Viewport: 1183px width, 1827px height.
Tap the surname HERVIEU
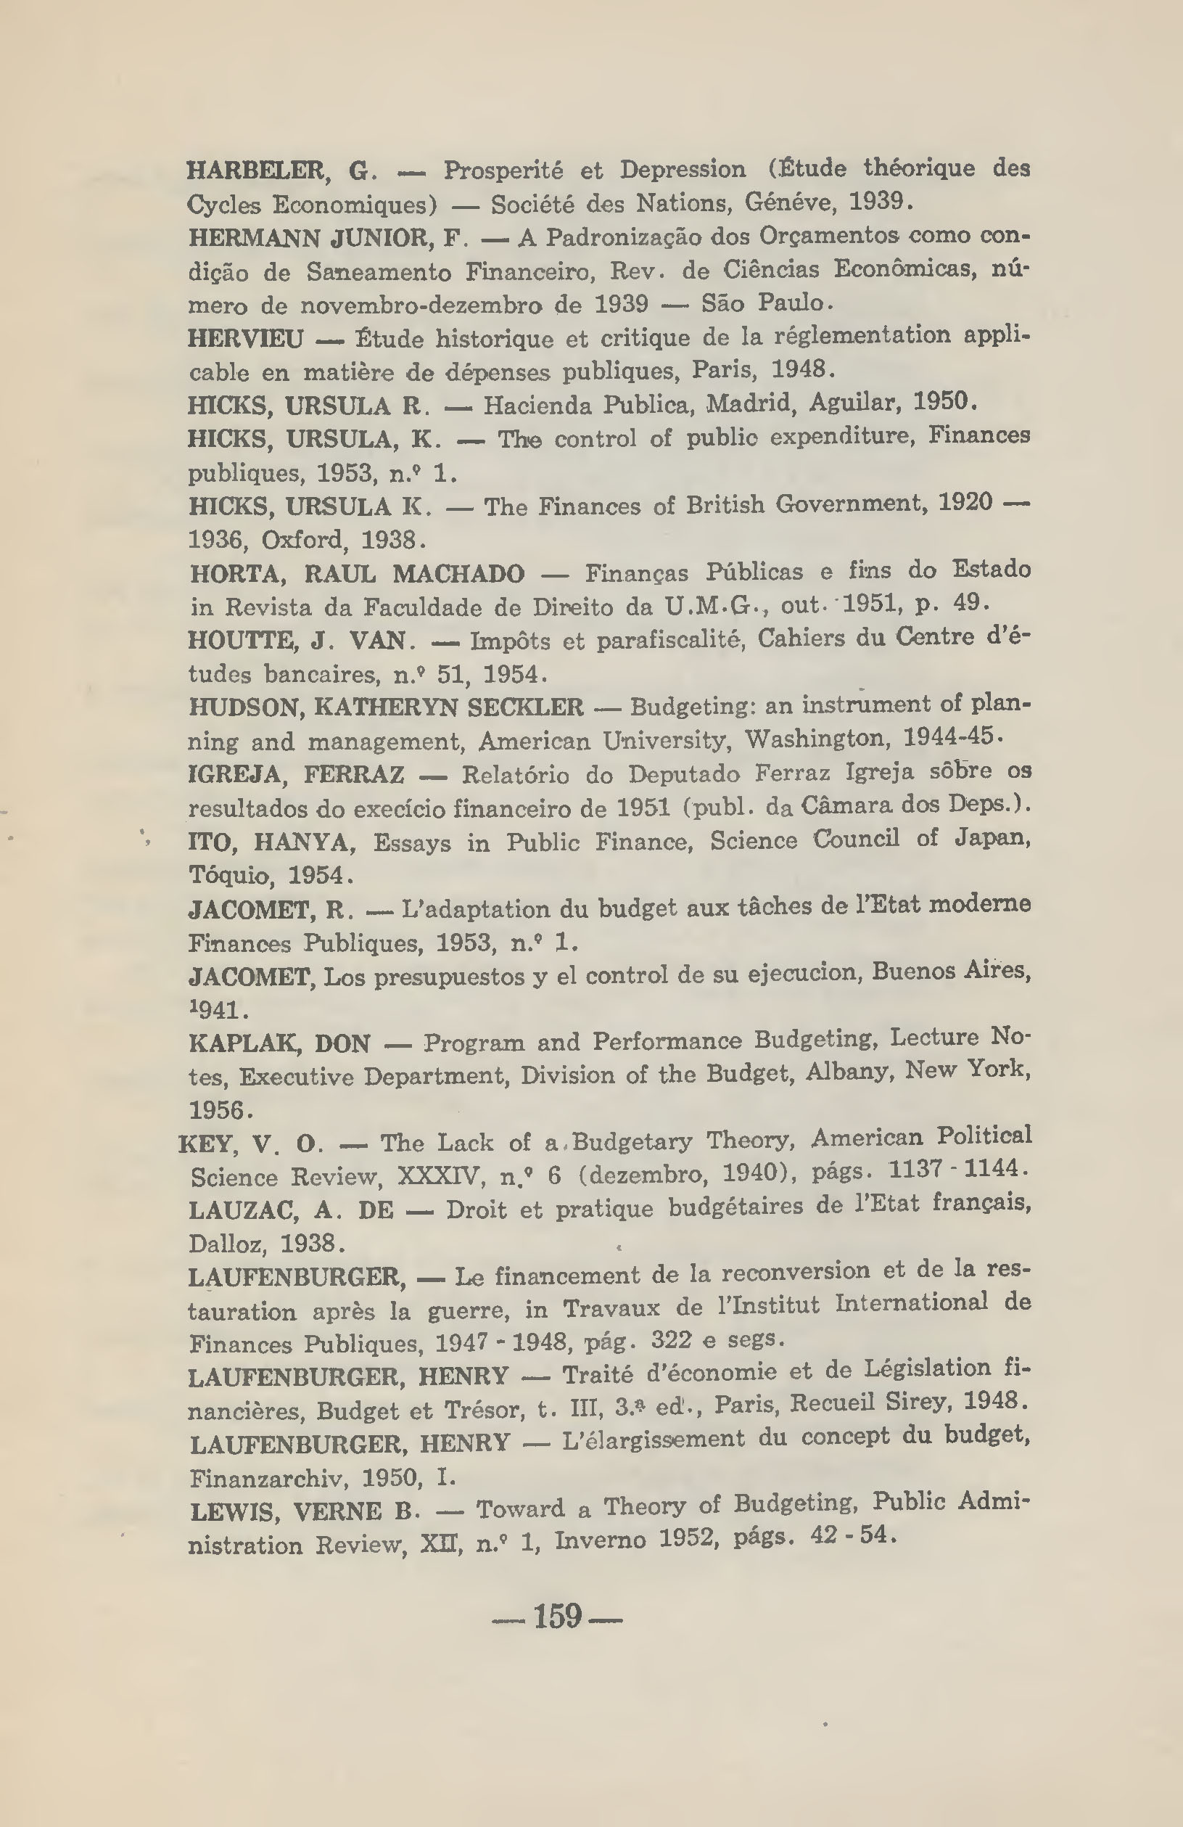point(245,338)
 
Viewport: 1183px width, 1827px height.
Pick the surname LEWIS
point(234,1511)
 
